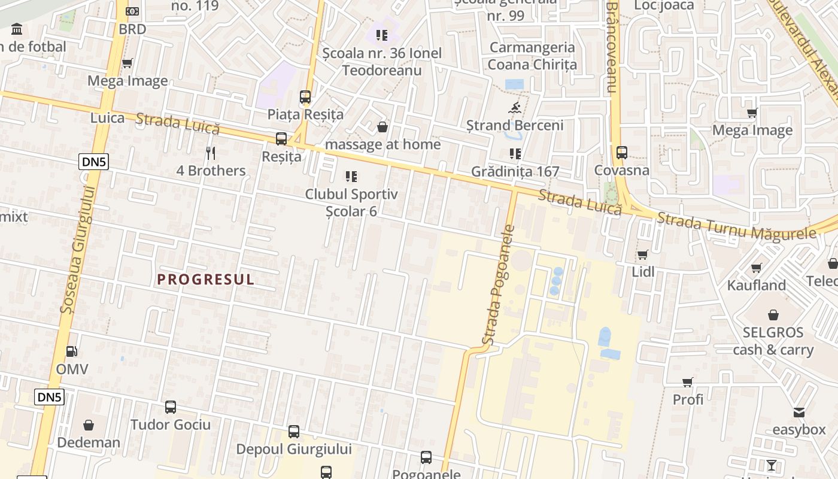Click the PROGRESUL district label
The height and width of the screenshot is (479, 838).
[x=206, y=279]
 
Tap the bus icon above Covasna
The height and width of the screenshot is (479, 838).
[x=622, y=152]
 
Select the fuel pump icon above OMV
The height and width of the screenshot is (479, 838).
[x=72, y=351]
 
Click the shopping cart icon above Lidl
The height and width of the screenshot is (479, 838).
[x=643, y=254]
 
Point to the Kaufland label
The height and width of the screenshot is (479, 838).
[x=756, y=285]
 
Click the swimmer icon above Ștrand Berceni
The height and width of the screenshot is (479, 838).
[x=515, y=108]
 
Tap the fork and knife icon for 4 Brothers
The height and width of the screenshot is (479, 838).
[x=210, y=153]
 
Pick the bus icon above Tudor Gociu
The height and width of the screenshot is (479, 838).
[x=171, y=407]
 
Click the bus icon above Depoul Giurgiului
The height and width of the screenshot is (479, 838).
[x=293, y=431]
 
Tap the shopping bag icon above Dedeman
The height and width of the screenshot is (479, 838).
[x=89, y=425]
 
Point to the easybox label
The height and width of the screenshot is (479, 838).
[x=798, y=429]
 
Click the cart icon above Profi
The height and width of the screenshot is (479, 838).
[x=688, y=382]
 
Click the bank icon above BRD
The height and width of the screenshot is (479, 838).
[x=132, y=11]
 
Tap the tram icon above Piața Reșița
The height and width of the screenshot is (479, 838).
[x=305, y=96]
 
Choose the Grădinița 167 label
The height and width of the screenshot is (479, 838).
[x=515, y=171]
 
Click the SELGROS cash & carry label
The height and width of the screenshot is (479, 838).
[x=773, y=341]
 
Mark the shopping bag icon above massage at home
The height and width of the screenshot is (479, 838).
[x=382, y=127]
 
